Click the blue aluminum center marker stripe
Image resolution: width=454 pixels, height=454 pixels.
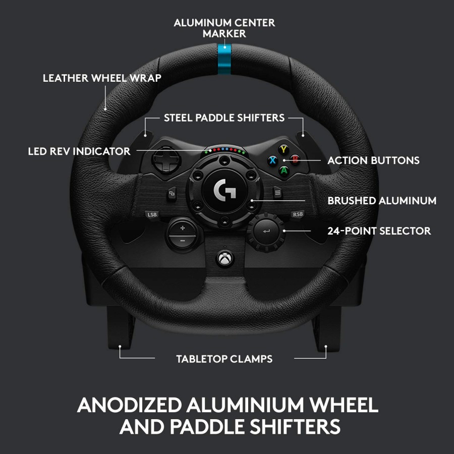[224, 59]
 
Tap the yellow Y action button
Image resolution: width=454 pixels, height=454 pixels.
[283, 149]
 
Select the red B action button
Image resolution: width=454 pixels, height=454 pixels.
[295, 159]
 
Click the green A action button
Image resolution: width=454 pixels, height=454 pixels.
[284, 171]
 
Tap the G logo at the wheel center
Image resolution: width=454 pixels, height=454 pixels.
[224, 190]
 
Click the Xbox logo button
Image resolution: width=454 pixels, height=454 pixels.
[224, 258]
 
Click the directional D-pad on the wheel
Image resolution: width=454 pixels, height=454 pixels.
[166, 159]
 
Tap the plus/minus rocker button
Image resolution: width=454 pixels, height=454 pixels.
[183, 234]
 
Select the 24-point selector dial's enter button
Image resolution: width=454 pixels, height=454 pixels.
[266, 232]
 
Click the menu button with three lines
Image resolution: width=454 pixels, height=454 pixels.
[277, 192]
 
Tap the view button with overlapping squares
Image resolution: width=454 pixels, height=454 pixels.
[172, 193]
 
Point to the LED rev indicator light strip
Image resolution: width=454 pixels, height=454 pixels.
[224, 150]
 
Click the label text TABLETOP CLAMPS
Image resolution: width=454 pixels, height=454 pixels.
[224, 359]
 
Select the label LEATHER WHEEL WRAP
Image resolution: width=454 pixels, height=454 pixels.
[102, 78]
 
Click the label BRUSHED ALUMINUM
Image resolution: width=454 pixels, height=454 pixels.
[382, 201]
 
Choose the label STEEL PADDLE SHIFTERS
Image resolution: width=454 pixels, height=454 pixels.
[224, 118]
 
